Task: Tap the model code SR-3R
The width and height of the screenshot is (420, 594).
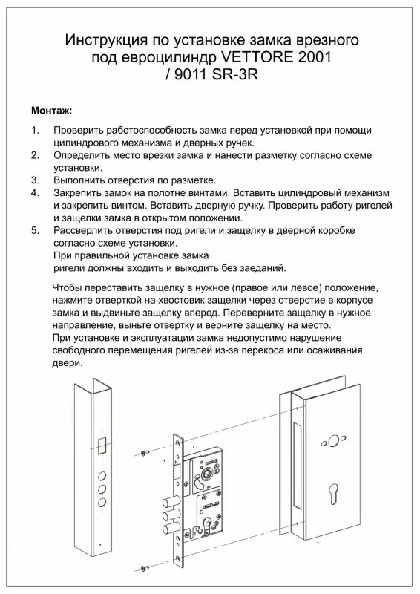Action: pyautogui.click(x=234, y=74)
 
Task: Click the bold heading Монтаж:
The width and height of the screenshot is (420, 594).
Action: pyautogui.click(x=51, y=111)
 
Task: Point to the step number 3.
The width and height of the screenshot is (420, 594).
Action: pyautogui.click(x=35, y=180)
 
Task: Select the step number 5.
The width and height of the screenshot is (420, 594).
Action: pyautogui.click(x=35, y=230)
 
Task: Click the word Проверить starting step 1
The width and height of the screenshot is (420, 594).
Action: pyautogui.click(x=79, y=131)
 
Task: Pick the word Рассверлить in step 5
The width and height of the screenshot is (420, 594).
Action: pyautogui.click(x=83, y=230)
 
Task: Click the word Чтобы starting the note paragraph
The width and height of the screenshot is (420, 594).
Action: pyautogui.click(x=66, y=287)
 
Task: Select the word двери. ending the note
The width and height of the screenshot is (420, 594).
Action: pyautogui.click(x=67, y=363)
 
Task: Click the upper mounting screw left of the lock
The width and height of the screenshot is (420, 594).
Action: pyautogui.click(x=145, y=453)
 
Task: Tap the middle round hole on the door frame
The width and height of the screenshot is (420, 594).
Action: pyautogui.click(x=102, y=489)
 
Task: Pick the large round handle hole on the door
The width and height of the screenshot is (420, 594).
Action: pyautogui.click(x=333, y=440)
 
